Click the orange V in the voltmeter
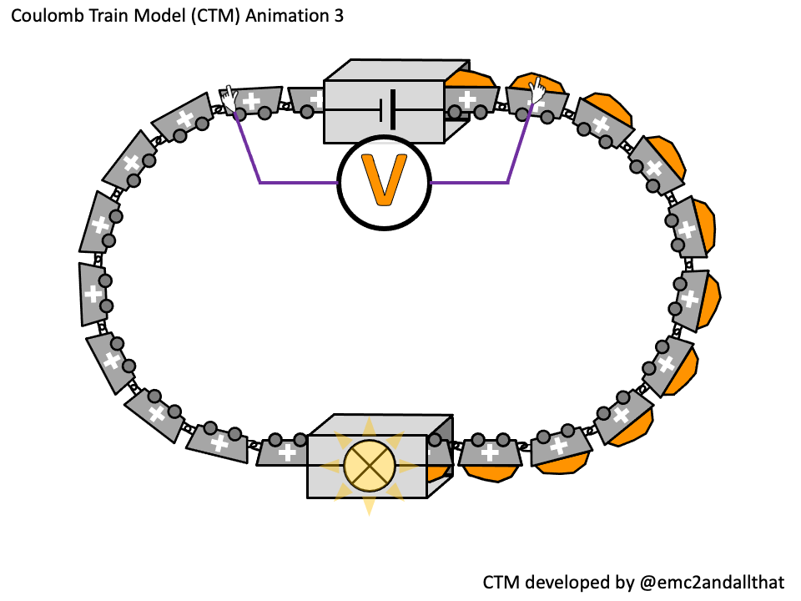point(384,180)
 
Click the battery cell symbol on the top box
point(385,109)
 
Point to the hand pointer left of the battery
point(228,97)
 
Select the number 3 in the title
point(337,16)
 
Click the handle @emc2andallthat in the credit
point(711,582)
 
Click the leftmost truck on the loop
point(94,293)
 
